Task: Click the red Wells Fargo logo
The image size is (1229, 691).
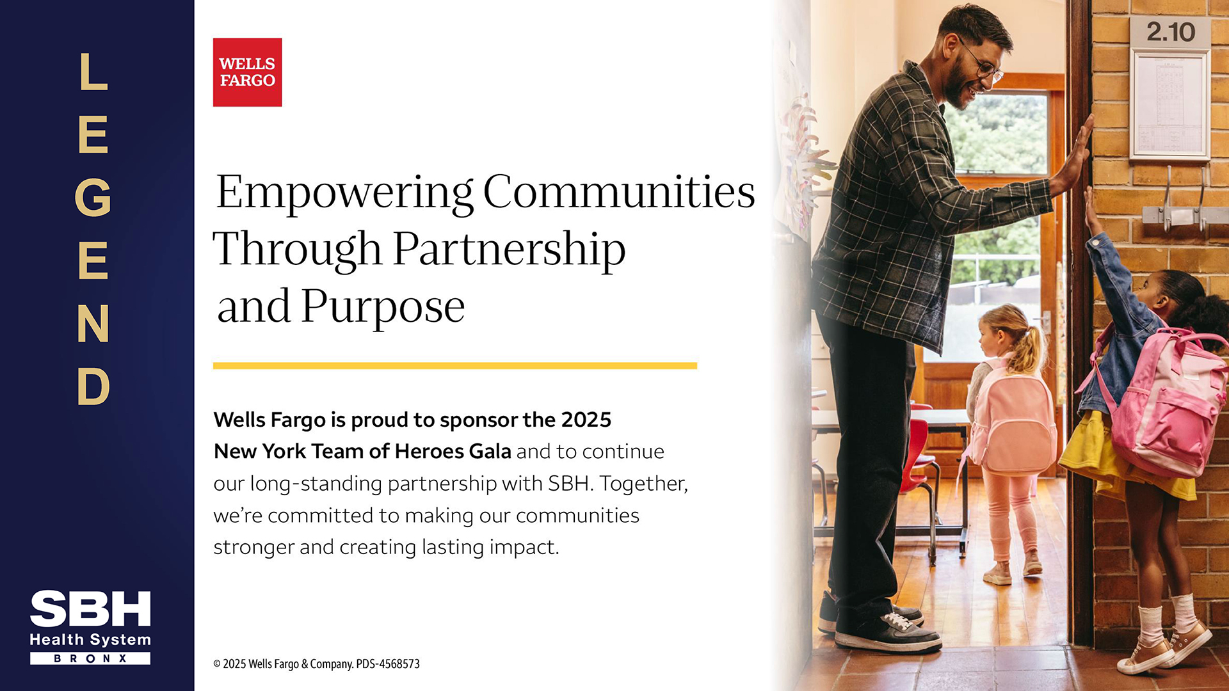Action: tap(247, 72)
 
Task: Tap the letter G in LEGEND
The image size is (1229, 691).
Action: tap(93, 197)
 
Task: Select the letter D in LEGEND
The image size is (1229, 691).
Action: tap(93, 386)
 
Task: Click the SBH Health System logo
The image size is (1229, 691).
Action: tap(90, 627)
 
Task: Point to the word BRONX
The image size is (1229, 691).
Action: tap(90, 658)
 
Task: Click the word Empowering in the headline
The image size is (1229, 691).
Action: tap(344, 193)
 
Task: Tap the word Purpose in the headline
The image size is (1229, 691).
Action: tap(383, 308)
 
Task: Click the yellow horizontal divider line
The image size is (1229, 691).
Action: tap(455, 366)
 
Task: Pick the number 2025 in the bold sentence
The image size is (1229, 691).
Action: tap(586, 420)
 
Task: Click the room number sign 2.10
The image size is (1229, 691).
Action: tap(1170, 32)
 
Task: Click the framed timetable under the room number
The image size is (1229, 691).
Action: tap(1169, 106)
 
